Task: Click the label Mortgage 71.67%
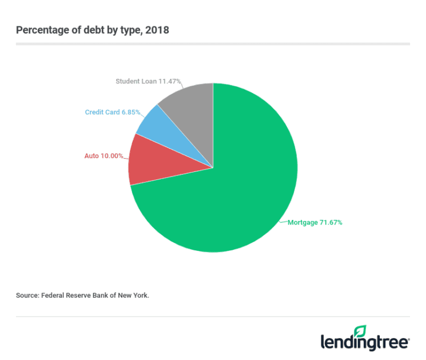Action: tap(315, 222)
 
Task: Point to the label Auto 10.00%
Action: tap(103, 155)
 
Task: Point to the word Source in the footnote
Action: tap(27, 295)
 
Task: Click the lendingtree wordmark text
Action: tap(364, 342)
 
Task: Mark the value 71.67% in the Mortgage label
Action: tap(330, 222)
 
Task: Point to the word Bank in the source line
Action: tap(102, 295)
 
